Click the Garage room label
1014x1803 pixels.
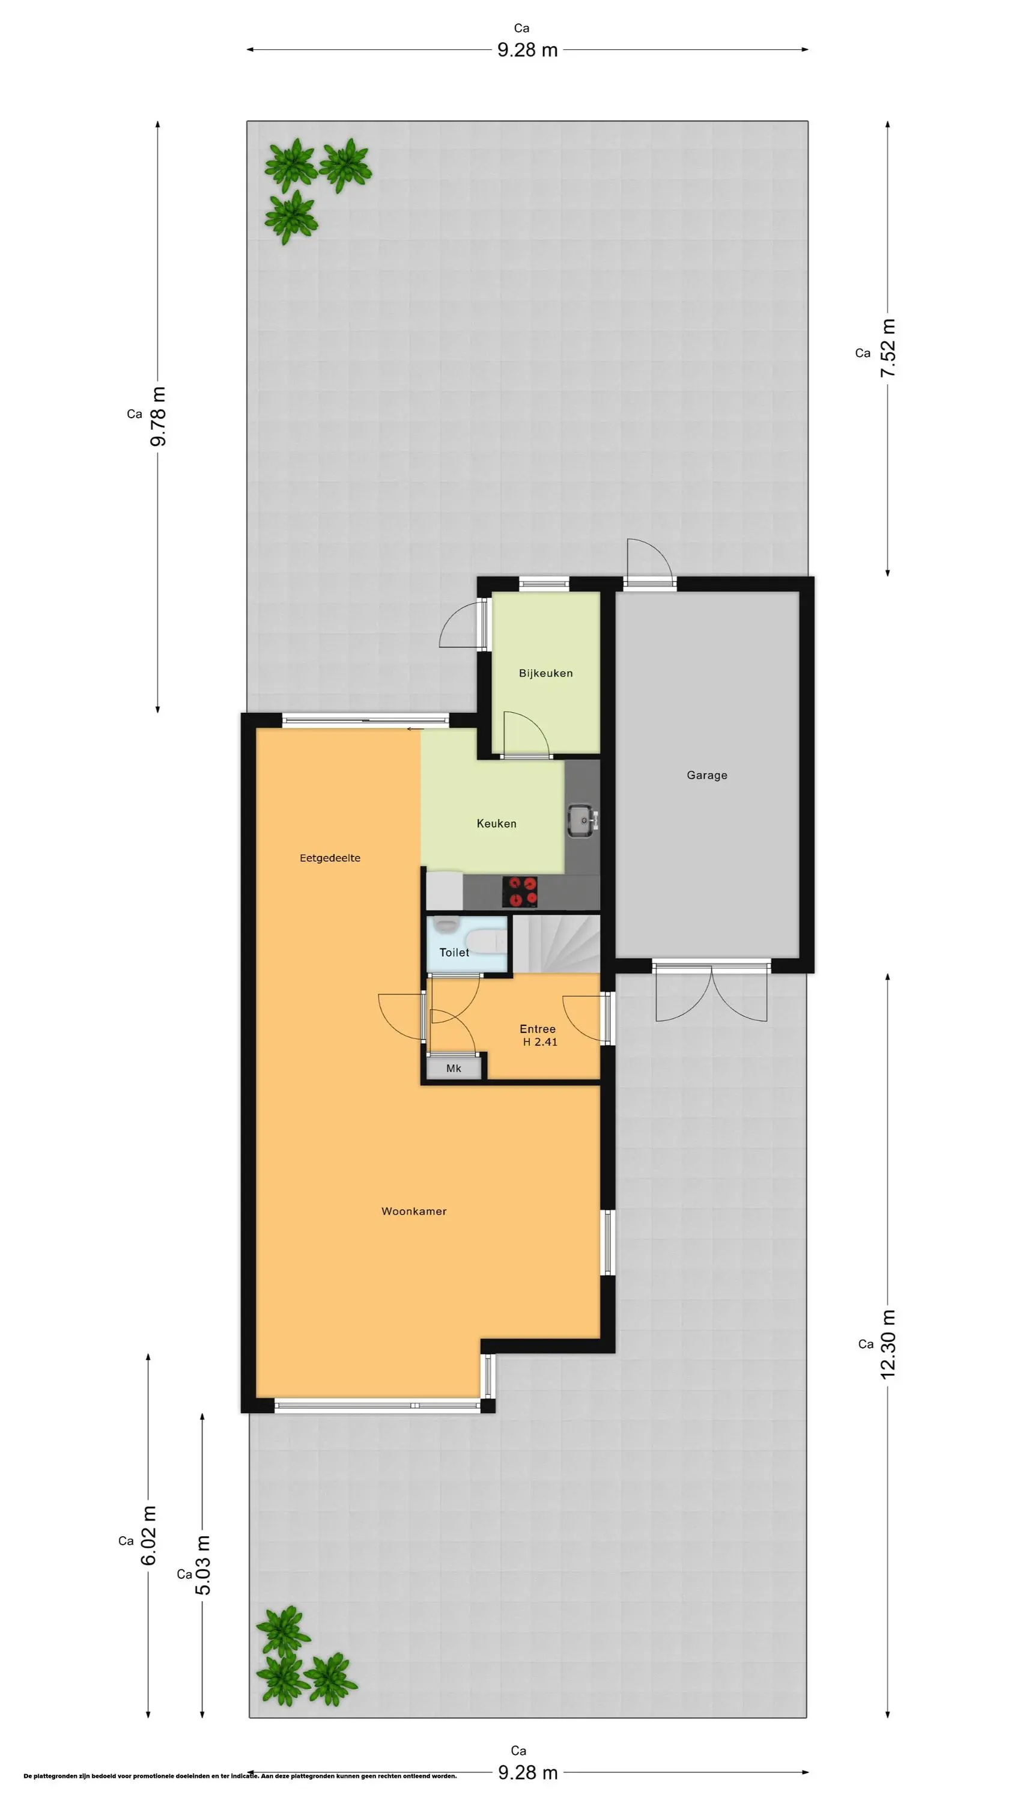(707, 775)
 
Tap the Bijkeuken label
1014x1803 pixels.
(546, 673)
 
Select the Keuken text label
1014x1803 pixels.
(497, 824)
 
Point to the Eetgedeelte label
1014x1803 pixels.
(330, 858)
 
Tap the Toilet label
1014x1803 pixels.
(454, 953)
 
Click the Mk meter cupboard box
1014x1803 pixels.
(454, 1068)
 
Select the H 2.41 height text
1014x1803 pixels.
(540, 1042)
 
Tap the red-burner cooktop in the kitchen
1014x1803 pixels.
(520, 892)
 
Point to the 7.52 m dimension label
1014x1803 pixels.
(888, 348)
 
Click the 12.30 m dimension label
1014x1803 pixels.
(888, 1344)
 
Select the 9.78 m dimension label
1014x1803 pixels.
(158, 416)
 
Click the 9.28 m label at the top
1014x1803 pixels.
(527, 50)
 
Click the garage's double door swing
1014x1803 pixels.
(711, 994)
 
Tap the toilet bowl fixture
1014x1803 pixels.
(485, 941)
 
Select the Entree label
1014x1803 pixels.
(538, 1029)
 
